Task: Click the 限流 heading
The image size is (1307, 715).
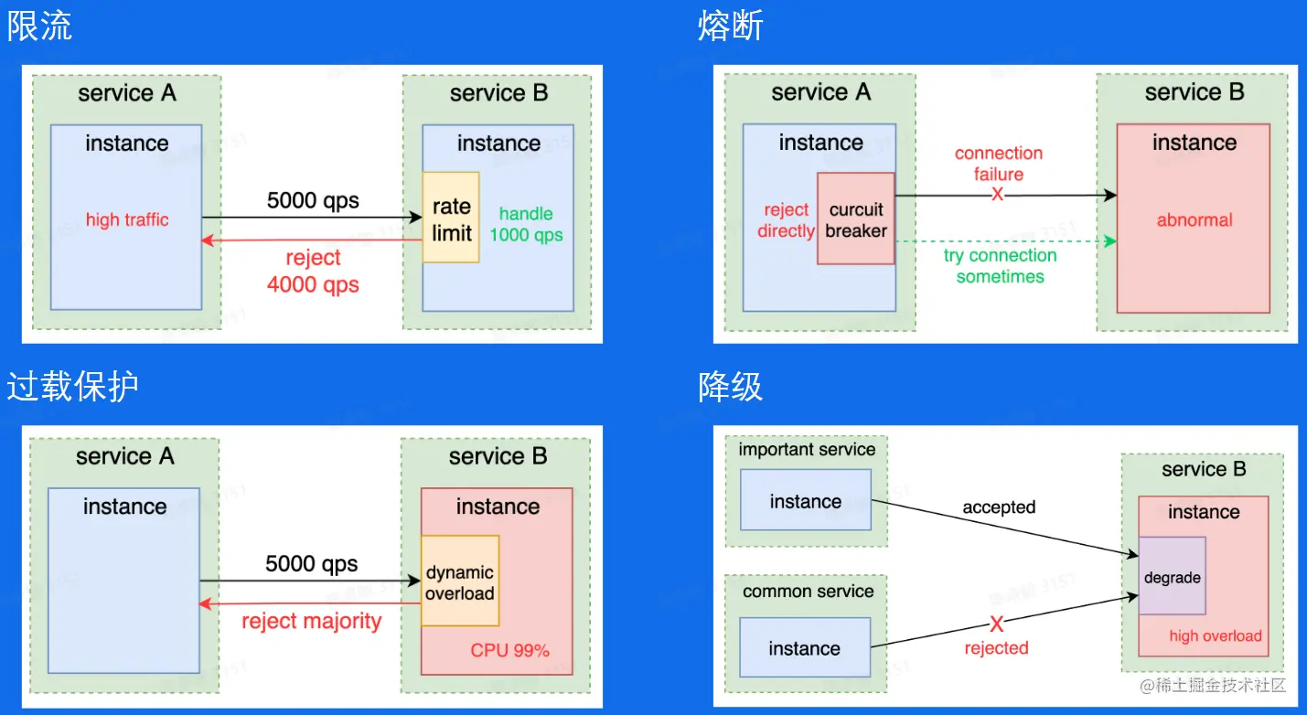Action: (39, 26)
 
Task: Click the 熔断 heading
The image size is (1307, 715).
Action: (730, 26)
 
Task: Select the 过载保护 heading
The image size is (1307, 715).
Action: (72, 386)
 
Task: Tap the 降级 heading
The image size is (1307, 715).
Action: (730, 386)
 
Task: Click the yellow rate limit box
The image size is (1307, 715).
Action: (451, 218)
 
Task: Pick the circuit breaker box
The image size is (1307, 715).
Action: (855, 219)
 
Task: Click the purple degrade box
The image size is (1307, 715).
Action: (1172, 576)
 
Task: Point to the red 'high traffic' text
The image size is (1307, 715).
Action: (127, 219)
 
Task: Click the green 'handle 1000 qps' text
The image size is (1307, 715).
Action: (526, 224)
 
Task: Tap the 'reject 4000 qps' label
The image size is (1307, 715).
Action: (313, 272)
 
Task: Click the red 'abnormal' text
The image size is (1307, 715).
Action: (1195, 220)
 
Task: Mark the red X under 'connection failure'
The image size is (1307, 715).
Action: (998, 195)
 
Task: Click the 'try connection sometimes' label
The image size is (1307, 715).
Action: (1000, 266)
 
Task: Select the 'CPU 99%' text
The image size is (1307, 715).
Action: (509, 651)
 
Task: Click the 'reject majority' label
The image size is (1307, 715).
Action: (311, 622)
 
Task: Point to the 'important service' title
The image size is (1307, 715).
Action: (807, 449)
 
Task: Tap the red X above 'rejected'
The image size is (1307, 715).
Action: (997, 624)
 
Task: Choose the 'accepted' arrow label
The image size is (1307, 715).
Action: (999, 507)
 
